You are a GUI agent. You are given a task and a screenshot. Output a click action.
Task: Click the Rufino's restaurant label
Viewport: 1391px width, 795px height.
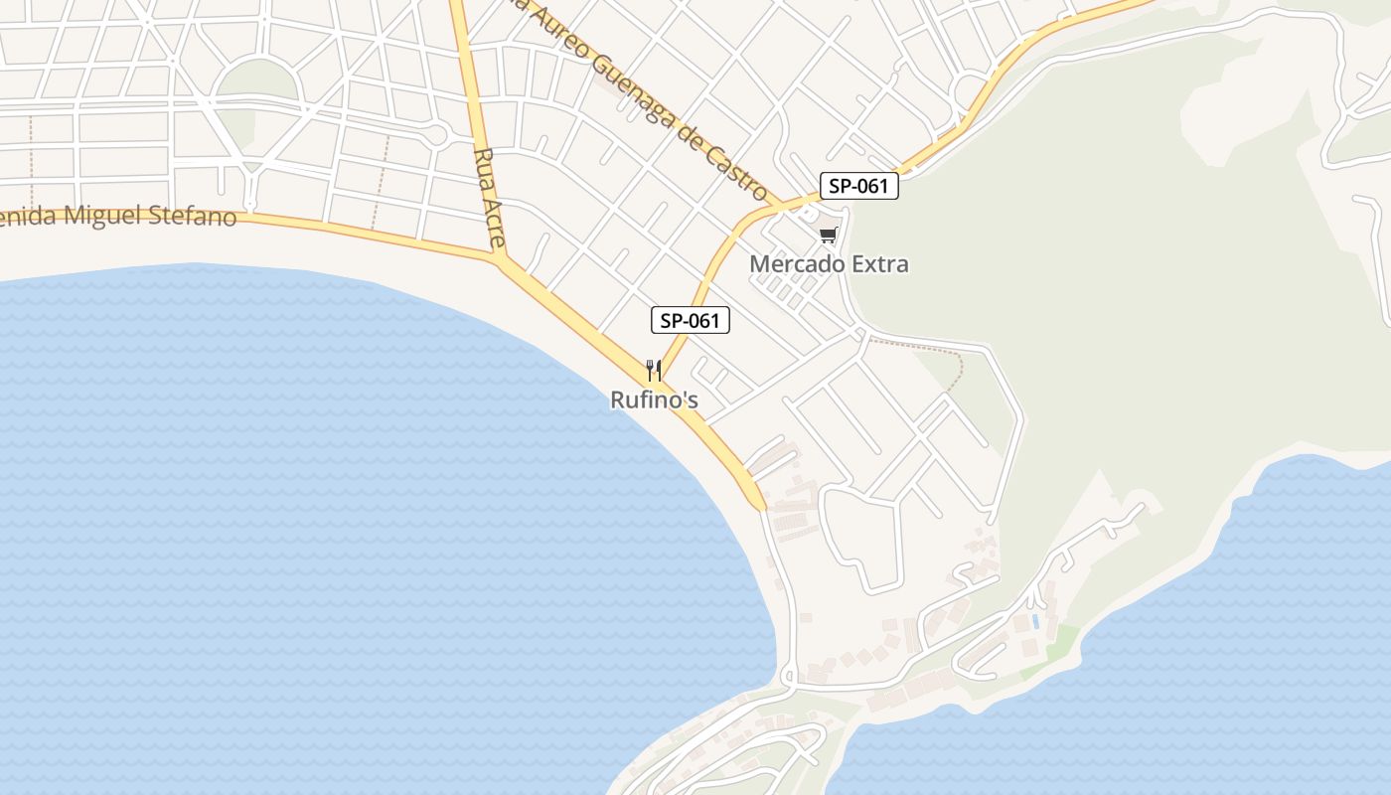pyautogui.click(x=654, y=399)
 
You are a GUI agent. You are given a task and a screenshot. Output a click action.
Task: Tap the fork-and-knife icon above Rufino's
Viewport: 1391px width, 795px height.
pyautogui.click(x=654, y=371)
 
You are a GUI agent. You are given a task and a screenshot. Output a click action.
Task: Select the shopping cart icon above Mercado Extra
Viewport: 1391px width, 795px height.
pyautogui.click(x=828, y=236)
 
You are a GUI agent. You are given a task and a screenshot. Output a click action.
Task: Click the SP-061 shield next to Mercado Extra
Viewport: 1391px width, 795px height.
pyautogui.click(x=858, y=186)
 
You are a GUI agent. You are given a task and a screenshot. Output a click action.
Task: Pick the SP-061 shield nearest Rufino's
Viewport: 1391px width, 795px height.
pyautogui.click(x=691, y=320)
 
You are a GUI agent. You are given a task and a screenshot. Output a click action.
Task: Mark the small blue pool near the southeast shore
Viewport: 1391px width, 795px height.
pyautogui.click(x=1036, y=621)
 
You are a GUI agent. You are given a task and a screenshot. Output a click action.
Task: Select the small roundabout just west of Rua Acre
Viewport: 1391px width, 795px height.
pyautogui.click(x=435, y=134)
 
